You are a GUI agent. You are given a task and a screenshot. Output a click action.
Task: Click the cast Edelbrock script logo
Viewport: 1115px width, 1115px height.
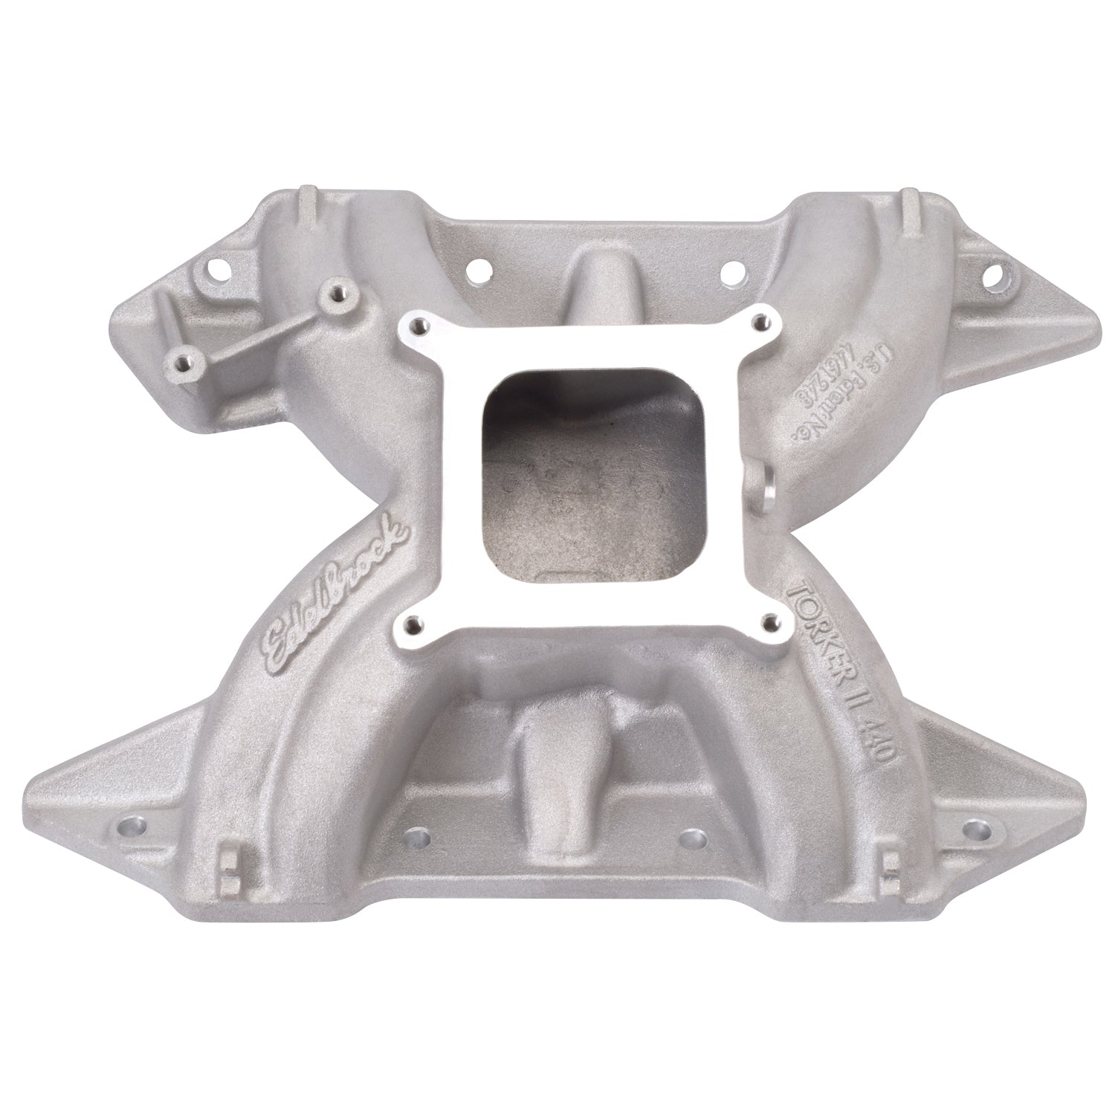point(335,595)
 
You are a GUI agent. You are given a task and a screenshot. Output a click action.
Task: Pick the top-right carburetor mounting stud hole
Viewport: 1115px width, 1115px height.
point(758,320)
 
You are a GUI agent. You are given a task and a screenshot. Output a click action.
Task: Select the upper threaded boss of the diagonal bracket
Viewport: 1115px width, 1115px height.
point(340,291)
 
